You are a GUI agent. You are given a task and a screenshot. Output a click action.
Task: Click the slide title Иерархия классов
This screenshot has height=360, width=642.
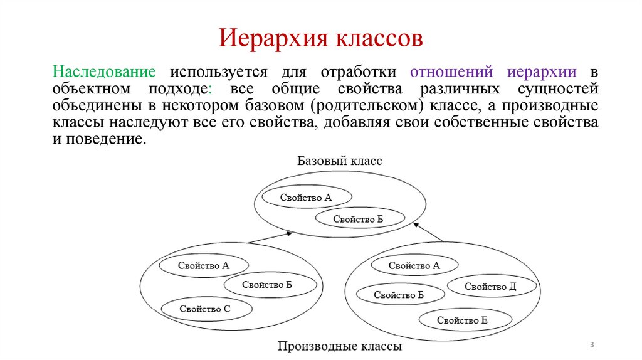point(320,38)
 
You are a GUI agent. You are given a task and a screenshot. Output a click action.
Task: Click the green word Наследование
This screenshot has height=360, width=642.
point(104,71)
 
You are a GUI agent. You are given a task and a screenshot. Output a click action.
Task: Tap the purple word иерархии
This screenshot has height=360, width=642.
point(542,71)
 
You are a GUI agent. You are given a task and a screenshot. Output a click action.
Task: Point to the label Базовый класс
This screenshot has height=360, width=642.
point(339,161)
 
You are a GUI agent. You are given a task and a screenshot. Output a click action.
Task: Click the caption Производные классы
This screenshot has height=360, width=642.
point(339,346)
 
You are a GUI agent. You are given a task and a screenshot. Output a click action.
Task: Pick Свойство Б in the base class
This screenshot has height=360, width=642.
point(357,219)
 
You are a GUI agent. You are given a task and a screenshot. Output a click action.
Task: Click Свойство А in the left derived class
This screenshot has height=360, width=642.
point(203,265)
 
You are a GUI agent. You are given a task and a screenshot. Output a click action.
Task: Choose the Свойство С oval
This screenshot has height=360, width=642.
point(205,308)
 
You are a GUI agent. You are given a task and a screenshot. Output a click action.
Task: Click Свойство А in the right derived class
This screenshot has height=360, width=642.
point(414,265)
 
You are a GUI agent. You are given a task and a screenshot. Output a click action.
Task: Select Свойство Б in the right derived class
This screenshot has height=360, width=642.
point(399,294)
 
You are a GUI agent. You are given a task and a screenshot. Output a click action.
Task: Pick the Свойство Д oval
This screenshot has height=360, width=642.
point(490,287)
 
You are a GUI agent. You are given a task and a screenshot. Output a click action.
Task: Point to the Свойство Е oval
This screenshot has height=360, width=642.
point(462,320)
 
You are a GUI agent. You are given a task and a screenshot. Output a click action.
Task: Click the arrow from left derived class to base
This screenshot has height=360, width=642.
point(270,238)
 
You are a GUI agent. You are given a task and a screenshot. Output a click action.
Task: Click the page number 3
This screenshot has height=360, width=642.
point(591,346)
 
